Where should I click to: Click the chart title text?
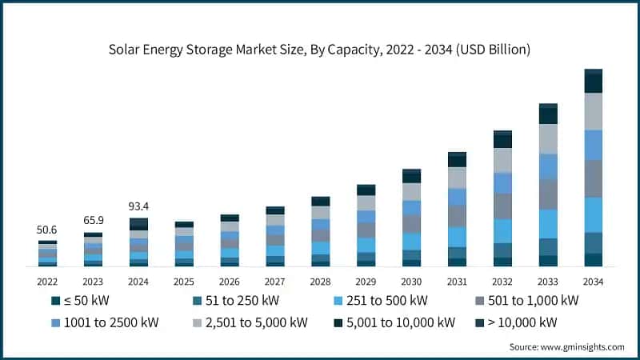coord(320,50)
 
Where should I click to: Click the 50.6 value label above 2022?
coord(47,230)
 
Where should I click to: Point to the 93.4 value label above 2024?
coord(138,206)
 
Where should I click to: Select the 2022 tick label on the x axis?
coord(47,282)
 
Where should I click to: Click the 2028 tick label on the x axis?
coord(320,282)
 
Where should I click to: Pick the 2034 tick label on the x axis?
coord(593,282)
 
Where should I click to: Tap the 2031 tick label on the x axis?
coord(457,282)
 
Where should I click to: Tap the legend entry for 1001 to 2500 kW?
coord(108,322)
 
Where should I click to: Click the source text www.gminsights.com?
coord(566,346)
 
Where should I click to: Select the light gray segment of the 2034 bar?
coord(593,111)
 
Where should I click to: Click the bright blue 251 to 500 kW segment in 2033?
coord(548,223)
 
